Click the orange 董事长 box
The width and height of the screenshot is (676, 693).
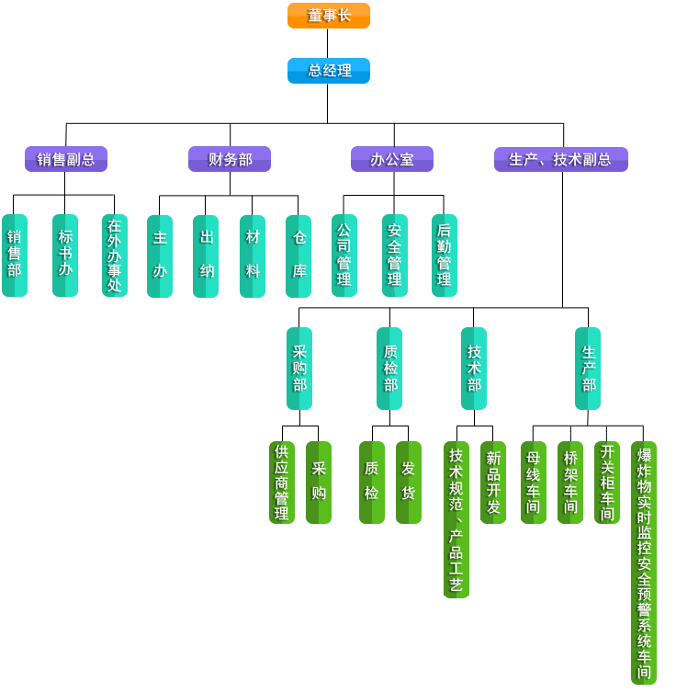pyautogui.click(x=328, y=16)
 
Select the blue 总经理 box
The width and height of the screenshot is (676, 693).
pyautogui.click(x=328, y=71)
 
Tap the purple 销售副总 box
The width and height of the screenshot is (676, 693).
pyautogui.click(x=65, y=159)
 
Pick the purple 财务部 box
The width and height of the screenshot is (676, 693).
pyautogui.click(x=229, y=159)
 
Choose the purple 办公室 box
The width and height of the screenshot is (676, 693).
pyautogui.click(x=391, y=159)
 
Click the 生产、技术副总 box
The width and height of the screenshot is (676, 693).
pyautogui.click(x=560, y=159)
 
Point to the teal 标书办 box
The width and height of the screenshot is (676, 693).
pyautogui.click(x=65, y=255)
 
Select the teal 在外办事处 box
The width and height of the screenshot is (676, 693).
pyautogui.click(x=115, y=255)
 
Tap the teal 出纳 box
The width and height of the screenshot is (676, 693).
pyautogui.click(x=206, y=256)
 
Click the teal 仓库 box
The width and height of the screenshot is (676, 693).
pyautogui.click(x=299, y=256)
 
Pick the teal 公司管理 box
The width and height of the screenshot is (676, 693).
pyautogui.click(x=344, y=255)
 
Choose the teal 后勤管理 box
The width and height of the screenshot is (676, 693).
pyautogui.click(x=445, y=255)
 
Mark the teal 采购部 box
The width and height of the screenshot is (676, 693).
pyautogui.click(x=299, y=368)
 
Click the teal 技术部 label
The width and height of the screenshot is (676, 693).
pyautogui.click(x=474, y=368)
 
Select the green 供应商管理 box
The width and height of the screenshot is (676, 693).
pyautogui.click(x=282, y=483)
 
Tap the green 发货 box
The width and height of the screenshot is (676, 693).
pyautogui.click(x=409, y=482)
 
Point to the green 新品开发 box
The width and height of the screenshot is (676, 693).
pyautogui.click(x=493, y=483)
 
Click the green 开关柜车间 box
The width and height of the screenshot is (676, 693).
pyautogui.click(x=607, y=483)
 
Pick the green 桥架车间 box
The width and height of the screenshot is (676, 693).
pyautogui.click(x=570, y=483)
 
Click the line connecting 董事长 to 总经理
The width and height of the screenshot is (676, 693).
pyautogui.click(x=328, y=43)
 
